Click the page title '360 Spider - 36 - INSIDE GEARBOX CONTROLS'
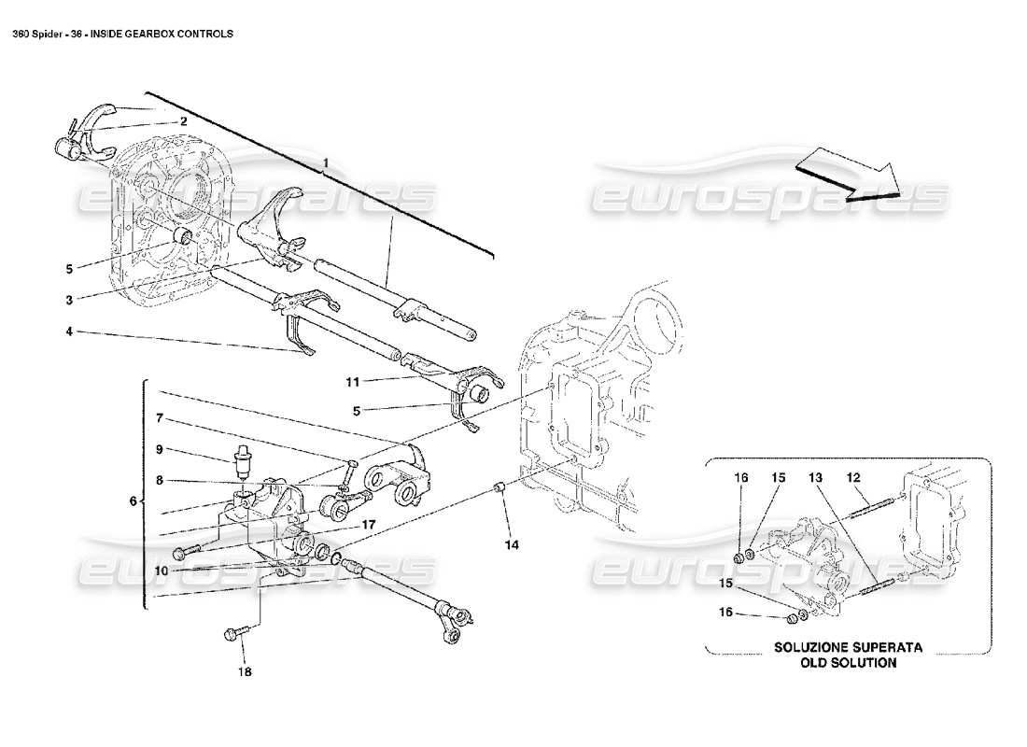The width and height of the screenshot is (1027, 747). point(122,33)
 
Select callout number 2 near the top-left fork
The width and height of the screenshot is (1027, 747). point(184,120)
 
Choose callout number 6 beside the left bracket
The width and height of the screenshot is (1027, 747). point(133,501)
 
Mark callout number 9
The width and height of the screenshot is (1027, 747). point(160,448)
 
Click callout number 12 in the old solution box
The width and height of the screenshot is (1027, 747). point(852,477)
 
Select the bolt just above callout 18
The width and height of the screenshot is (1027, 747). point(232,635)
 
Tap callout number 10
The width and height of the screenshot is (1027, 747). point(162,570)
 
